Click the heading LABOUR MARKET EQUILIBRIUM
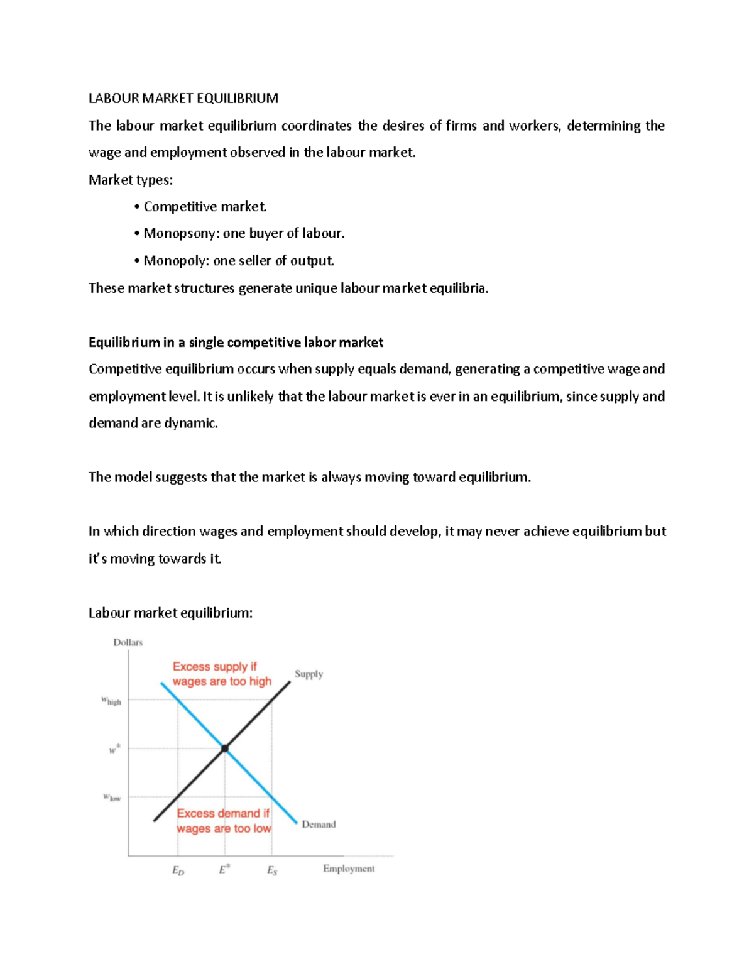coord(183,98)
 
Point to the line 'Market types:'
coord(130,180)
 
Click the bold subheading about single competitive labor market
coord(236,342)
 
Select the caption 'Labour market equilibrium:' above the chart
coord(170,613)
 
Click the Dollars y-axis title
coord(128,642)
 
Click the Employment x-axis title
coord(349,869)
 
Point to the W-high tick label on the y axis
coord(111,701)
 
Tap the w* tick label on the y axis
coord(114,749)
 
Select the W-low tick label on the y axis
coord(112,798)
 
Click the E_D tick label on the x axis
coord(178,870)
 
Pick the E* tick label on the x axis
coord(224,870)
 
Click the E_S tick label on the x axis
coord(272,870)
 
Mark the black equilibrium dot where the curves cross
coord(225,748)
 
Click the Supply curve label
coord(309,674)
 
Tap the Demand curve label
coord(319,824)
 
